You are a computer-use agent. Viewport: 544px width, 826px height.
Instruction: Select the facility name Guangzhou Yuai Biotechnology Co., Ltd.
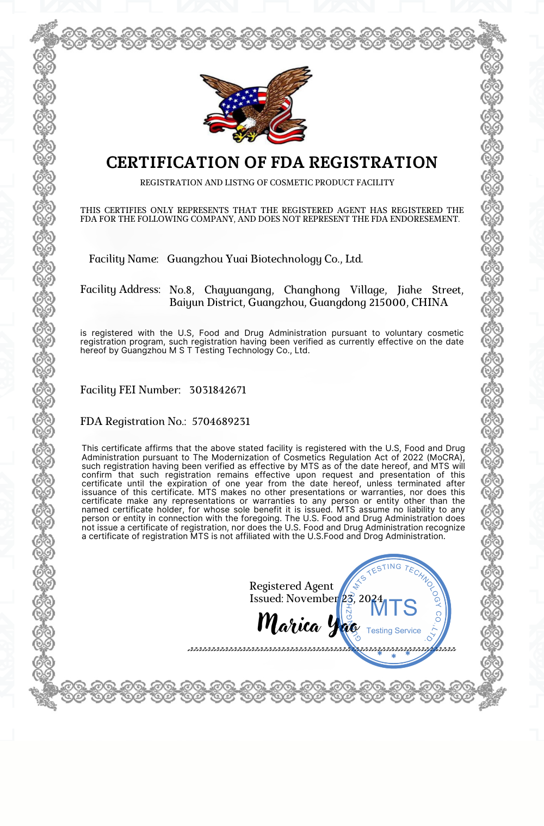tap(264, 259)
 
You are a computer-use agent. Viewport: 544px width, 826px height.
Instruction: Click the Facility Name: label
tap(123, 259)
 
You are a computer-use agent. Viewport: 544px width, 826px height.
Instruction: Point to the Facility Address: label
tap(120, 290)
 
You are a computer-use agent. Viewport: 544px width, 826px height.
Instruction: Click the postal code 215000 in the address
tap(387, 303)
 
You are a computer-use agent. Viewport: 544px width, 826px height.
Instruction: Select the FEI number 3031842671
tap(218, 390)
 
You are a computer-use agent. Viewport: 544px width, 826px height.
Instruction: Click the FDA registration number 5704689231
tap(221, 422)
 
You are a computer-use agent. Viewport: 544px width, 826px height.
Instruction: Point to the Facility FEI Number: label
tap(130, 390)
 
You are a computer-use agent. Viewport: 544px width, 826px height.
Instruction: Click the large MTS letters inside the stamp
tap(394, 608)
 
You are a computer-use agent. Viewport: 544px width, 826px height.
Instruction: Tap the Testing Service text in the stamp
tap(393, 630)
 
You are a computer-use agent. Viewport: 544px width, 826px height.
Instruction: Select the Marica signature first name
tap(289, 624)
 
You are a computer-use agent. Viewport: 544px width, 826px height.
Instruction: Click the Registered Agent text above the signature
tap(291, 586)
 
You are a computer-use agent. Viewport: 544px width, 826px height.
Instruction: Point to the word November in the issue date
tap(312, 599)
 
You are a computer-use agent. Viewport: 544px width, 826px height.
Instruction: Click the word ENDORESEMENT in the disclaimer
tap(424, 219)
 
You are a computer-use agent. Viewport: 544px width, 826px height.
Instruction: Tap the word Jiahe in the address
tap(409, 290)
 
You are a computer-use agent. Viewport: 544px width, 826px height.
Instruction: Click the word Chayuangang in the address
tap(239, 290)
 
